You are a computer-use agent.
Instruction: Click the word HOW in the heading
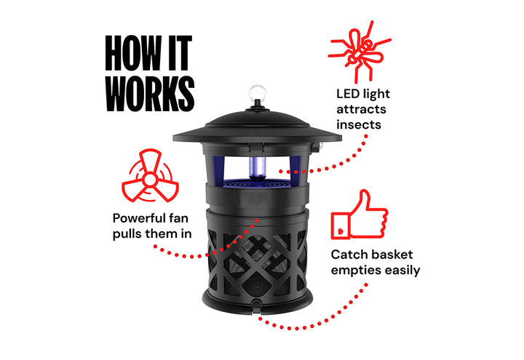(x=133, y=53)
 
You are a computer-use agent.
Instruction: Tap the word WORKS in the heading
(x=150, y=94)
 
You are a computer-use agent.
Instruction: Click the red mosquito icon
(x=360, y=52)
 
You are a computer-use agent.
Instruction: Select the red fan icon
(x=150, y=176)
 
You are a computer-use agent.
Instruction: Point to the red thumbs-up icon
(x=360, y=215)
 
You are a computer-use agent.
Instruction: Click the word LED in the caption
(x=348, y=94)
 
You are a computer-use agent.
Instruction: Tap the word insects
(x=359, y=124)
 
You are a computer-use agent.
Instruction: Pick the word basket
(x=391, y=255)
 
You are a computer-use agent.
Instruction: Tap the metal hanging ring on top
(x=258, y=92)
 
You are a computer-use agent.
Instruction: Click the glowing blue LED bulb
(x=258, y=168)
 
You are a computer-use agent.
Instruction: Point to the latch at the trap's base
(x=256, y=306)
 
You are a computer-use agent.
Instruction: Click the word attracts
(x=361, y=109)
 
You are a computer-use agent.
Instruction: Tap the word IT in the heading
(x=180, y=53)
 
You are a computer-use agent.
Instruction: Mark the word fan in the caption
(x=178, y=218)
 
